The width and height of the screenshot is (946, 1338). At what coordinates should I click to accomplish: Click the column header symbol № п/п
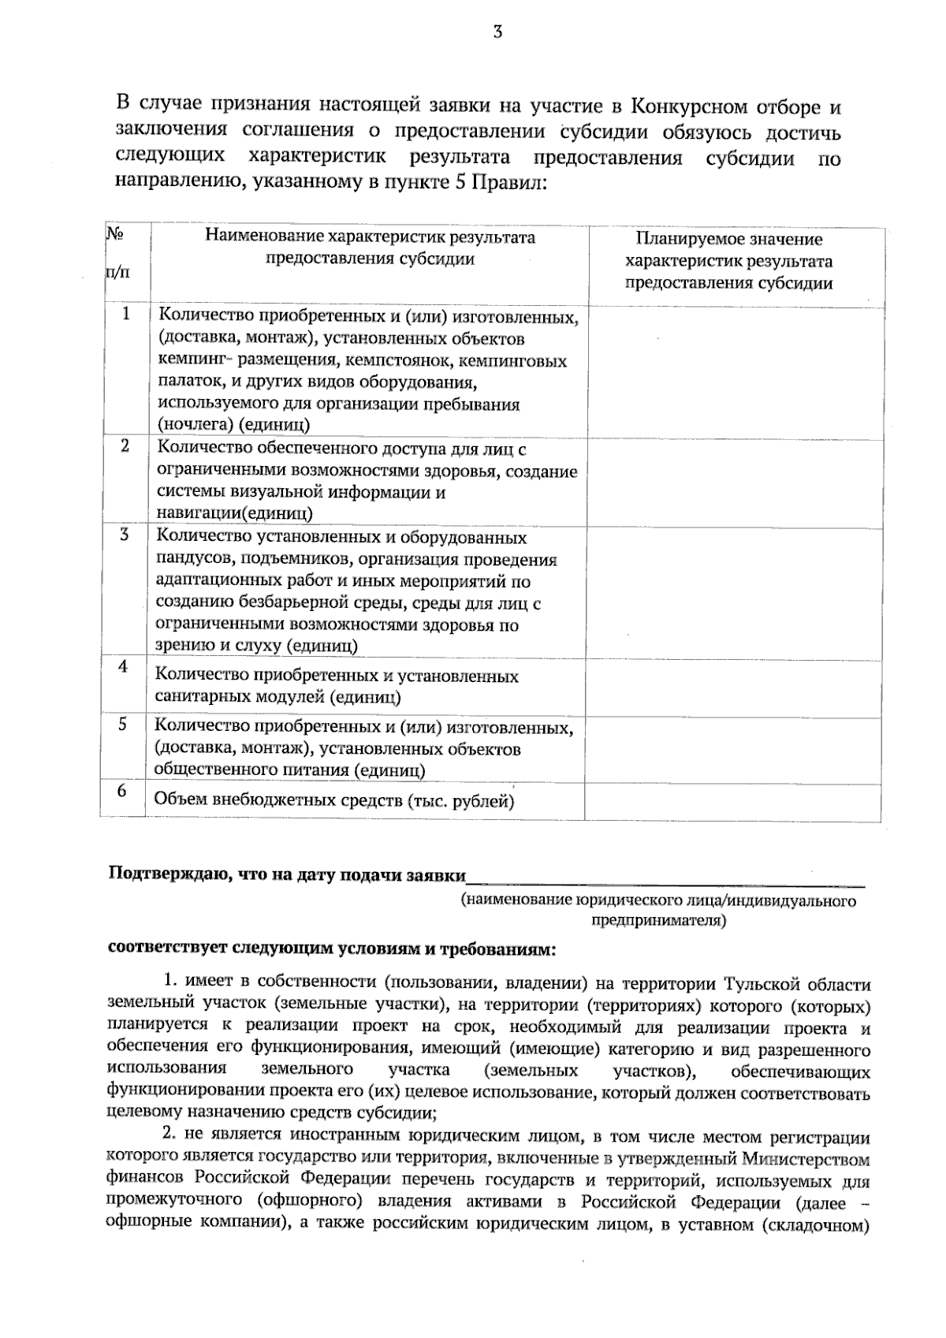pos(115,253)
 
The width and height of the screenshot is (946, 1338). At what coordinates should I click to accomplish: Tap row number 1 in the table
pos(125,314)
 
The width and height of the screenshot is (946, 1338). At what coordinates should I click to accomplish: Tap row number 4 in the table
pos(123,666)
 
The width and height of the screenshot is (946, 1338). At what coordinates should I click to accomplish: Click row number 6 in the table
pos(122,789)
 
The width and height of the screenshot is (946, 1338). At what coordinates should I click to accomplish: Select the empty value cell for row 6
pos(733,802)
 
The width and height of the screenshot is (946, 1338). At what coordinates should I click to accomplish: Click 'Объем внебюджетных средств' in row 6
pos(277,800)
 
